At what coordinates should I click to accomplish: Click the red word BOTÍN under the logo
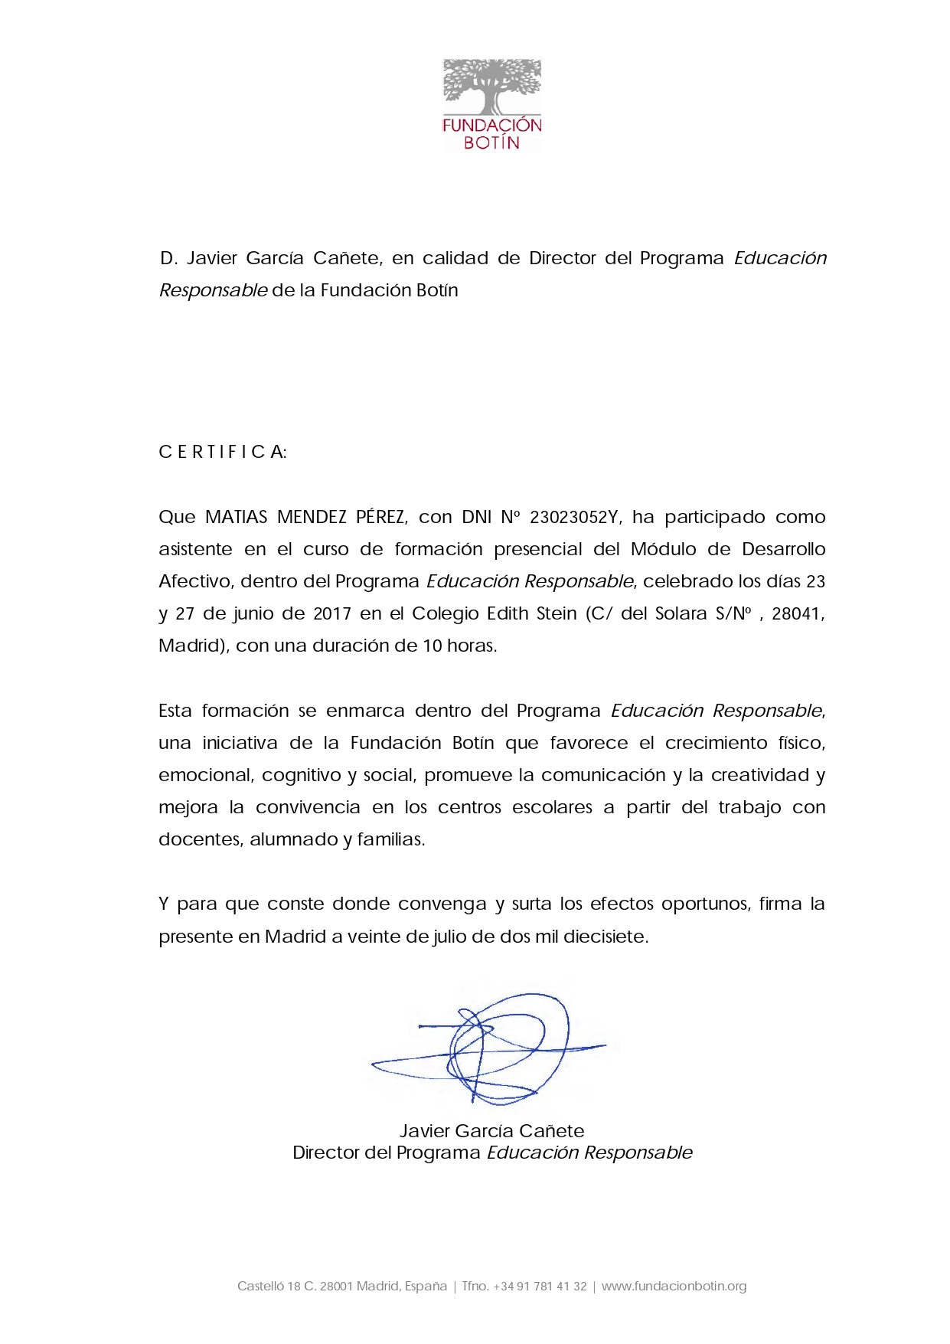tap(491, 142)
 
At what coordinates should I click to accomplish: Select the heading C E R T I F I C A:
tap(222, 452)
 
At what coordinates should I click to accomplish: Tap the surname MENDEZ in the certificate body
tap(312, 517)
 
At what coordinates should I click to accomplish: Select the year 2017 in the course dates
tap(332, 613)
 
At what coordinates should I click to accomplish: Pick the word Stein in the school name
tap(556, 613)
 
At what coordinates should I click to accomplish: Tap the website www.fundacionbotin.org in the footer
tap(674, 1286)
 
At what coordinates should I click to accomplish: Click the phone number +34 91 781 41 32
tap(540, 1286)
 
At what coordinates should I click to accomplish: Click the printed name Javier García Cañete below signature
tap(491, 1130)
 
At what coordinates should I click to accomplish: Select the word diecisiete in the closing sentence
tap(606, 936)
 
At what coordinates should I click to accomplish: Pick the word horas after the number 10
tap(472, 646)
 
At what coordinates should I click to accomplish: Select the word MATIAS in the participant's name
tap(236, 517)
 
